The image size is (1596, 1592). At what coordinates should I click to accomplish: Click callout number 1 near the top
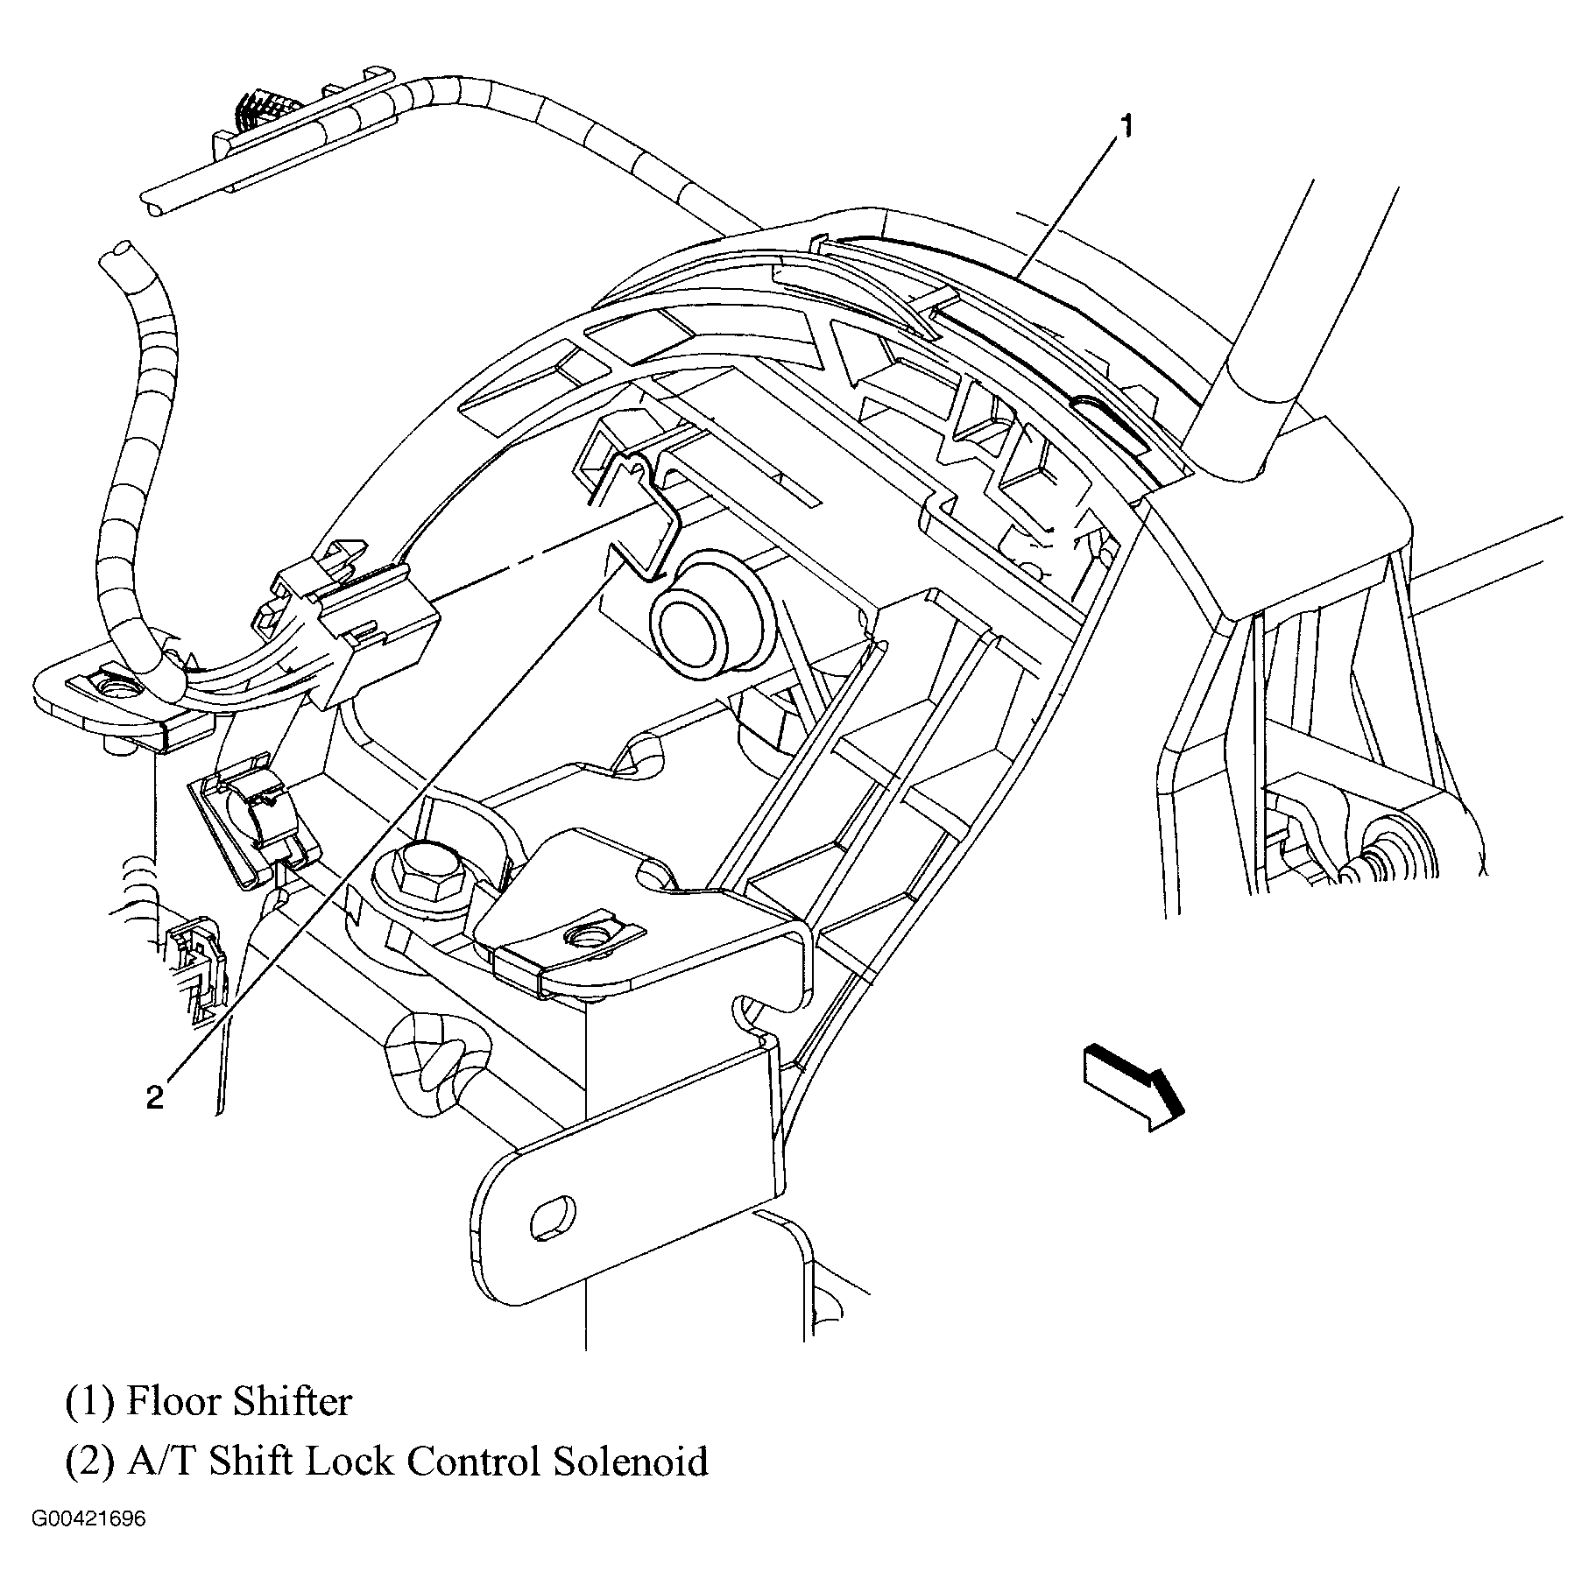[x=1126, y=129]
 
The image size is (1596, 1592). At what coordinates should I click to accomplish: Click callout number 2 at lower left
[x=154, y=1097]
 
